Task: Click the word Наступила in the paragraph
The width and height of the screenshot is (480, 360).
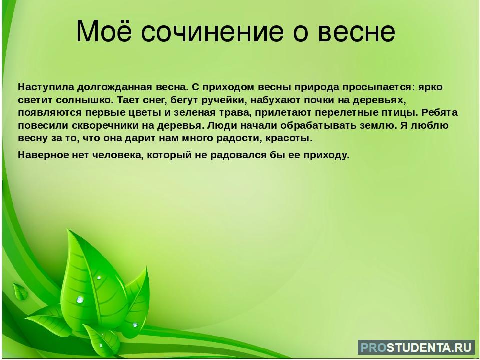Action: click(46, 87)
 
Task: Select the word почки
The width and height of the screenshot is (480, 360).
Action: click(320, 100)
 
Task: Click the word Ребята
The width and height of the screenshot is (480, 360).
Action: click(439, 113)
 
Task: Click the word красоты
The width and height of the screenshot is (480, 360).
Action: click(289, 138)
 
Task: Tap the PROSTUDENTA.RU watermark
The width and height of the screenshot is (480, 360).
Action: click(416, 347)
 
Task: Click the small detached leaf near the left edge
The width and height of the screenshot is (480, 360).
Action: click(20, 291)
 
